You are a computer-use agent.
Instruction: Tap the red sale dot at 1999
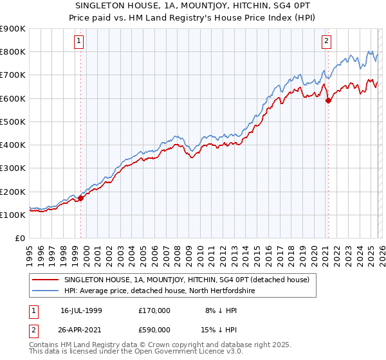pyautogui.click(x=81, y=199)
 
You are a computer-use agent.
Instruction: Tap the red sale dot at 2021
pyautogui.click(x=328, y=100)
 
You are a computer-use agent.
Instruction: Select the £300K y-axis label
pyautogui.click(x=13, y=168)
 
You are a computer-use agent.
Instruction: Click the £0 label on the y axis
pyautogui.click(x=20, y=239)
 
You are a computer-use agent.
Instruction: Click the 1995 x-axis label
pyautogui.click(x=30, y=253)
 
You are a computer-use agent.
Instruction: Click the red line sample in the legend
pyautogui.click(x=46, y=280)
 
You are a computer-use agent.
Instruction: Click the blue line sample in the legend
pyautogui.click(x=46, y=291)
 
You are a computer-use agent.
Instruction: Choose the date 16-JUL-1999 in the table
pyautogui.click(x=82, y=310)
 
